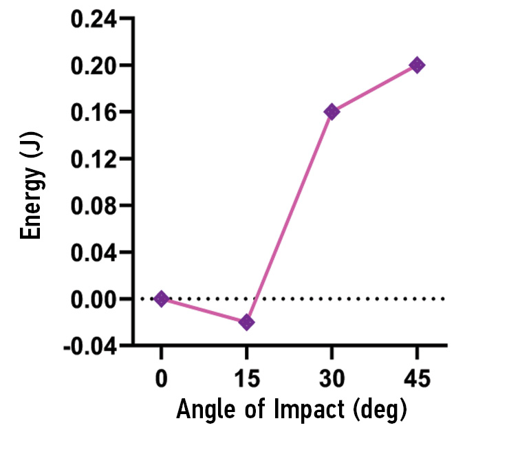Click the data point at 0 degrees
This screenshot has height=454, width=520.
coord(161,299)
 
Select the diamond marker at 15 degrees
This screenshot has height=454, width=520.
coord(246,322)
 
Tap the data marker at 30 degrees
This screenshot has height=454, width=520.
coord(332,111)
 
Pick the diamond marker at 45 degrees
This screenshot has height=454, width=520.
coord(416,65)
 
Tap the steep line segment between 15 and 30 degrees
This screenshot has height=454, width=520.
coord(289,217)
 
